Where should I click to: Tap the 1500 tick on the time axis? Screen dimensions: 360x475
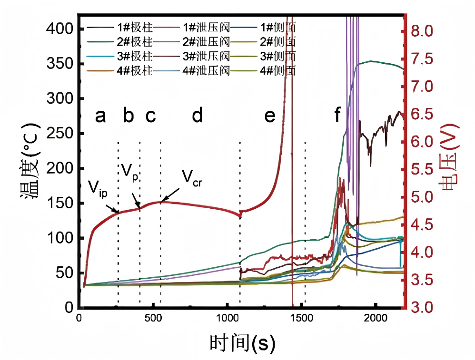(301, 318)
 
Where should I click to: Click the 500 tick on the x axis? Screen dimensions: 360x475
(153, 318)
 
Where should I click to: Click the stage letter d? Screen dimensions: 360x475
(197, 116)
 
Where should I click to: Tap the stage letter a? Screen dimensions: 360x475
(100, 116)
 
